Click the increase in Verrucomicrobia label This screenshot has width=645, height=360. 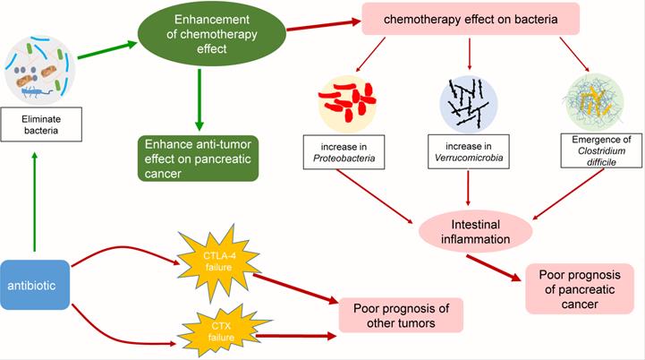(469, 153)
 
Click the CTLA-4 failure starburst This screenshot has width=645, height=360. (216, 259)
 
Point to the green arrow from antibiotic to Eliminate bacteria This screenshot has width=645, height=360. (32, 201)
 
